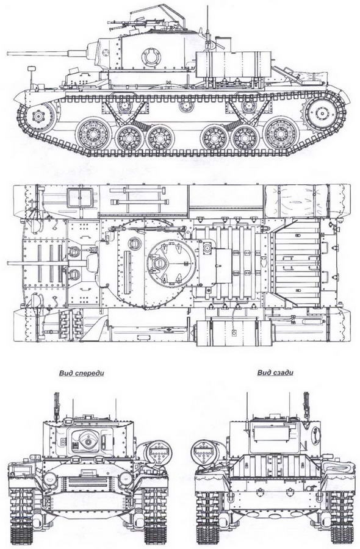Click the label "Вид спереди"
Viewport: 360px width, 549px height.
pyautogui.click(x=82, y=373)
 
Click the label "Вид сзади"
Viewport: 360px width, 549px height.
pyautogui.click(x=275, y=373)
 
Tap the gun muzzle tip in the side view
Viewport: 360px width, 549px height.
pyautogui.click(x=8, y=54)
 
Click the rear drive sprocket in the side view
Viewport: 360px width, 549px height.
pyautogui.click(x=320, y=113)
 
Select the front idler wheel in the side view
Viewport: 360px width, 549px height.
pyautogui.click(x=37, y=115)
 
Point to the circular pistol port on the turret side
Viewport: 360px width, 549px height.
pyautogui.click(x=152, y=56)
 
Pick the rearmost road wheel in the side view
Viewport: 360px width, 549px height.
pyautogui.click(x=279, y=134)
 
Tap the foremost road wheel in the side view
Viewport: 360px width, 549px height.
pyautogui.click(x=93, y=134)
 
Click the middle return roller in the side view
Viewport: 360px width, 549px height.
pyautogui.click(x=186, y=106)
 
